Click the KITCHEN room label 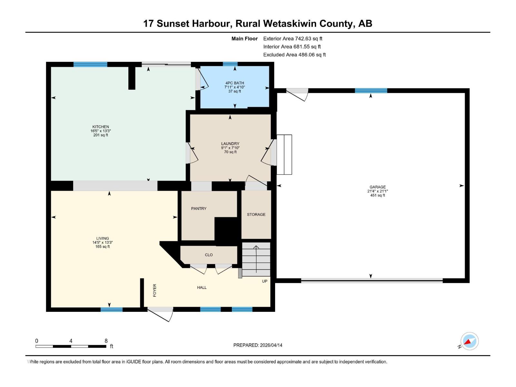(101, 127)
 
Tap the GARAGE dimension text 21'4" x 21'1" (377, 191)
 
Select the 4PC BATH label (234, 83)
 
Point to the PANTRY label (199, 209)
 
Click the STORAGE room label (256, 214)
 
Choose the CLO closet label (209, 255)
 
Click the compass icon (469, 341)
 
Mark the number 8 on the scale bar (106, 341)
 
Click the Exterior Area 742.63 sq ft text (293, 39)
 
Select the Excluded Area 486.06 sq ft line (294, 55)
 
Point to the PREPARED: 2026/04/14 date (258, 345)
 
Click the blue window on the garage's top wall (371, 91)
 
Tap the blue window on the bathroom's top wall (230, 64)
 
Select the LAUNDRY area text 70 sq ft (230, 152)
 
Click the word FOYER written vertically (154, 290)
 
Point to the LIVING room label (103, 238)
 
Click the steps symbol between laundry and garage (284, 155)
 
